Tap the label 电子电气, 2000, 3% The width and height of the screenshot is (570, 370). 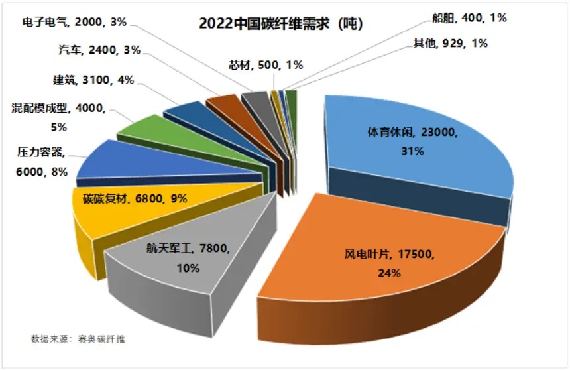point(77,21)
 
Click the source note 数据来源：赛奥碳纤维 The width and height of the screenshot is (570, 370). point(78,339)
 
